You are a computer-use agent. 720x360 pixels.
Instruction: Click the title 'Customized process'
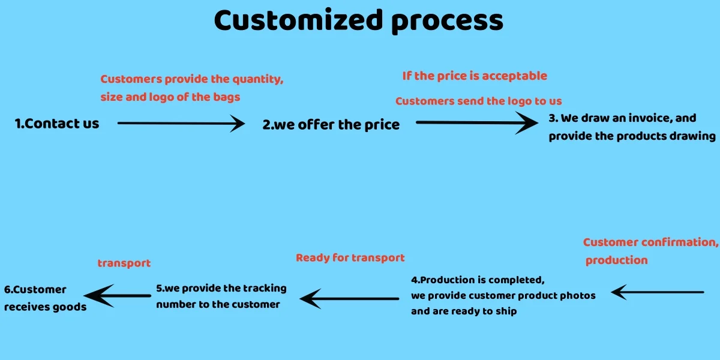tap(359, 21)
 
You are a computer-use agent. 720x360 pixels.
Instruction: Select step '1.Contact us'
tap(57, 124)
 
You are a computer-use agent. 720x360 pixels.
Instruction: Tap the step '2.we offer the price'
tap(331, 125)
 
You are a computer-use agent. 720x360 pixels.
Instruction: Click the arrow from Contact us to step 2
tap(181, 124)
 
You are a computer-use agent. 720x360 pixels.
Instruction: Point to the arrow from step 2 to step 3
tap(477, 122)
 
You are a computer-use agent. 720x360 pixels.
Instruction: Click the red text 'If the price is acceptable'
tap(475, 76)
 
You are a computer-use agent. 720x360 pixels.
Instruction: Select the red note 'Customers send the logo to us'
tap(478, 101)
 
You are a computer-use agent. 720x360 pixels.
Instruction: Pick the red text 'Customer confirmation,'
tap(650, 242)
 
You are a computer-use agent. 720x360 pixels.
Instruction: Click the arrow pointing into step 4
tap(657, 292)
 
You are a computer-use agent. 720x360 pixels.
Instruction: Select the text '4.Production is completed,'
tap(478, 280)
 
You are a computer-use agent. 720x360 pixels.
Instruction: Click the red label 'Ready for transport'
tap(350, 258)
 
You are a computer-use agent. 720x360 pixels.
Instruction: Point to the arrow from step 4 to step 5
tap(349, 298)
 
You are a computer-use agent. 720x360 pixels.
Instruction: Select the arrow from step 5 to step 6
tap(117, 295)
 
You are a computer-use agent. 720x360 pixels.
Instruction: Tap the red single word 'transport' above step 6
tap(124, 263)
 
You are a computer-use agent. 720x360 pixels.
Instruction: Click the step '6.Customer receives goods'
tap(45, 298)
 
